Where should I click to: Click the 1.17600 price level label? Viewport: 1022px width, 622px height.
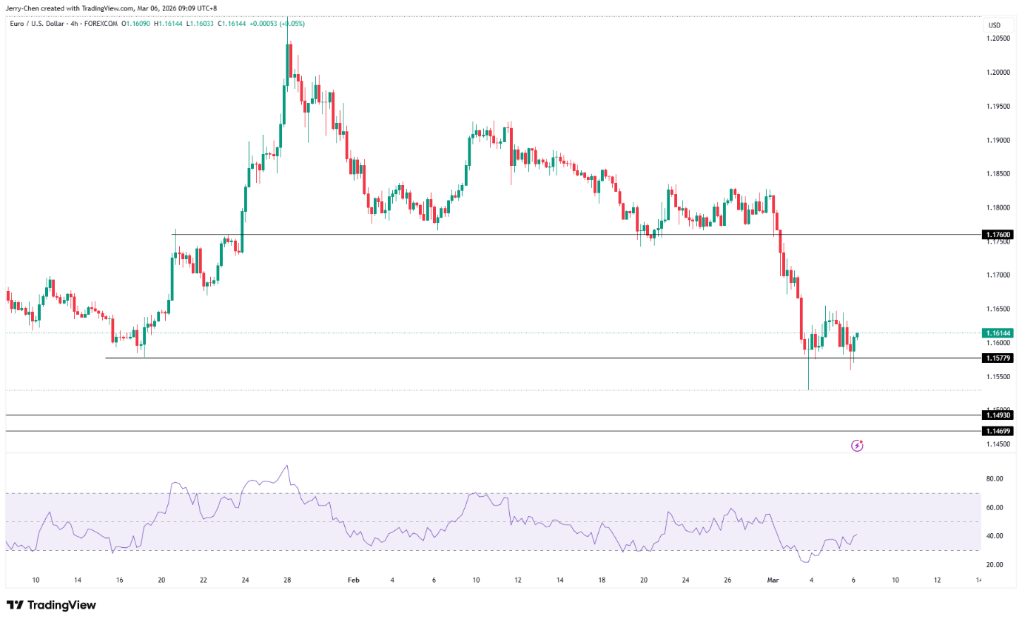997,235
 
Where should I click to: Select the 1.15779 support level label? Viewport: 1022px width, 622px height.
997,358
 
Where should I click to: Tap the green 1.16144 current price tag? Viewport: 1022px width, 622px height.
997,333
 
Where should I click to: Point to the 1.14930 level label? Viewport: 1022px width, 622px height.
997,415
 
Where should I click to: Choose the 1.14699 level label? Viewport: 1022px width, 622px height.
997,431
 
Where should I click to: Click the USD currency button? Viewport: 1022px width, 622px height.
995,26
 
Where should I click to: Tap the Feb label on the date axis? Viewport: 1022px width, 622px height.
354,581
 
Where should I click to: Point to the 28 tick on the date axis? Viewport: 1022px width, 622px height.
286,581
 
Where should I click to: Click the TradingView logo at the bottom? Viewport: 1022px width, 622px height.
51,605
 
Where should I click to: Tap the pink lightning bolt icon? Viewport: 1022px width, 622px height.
857,446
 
